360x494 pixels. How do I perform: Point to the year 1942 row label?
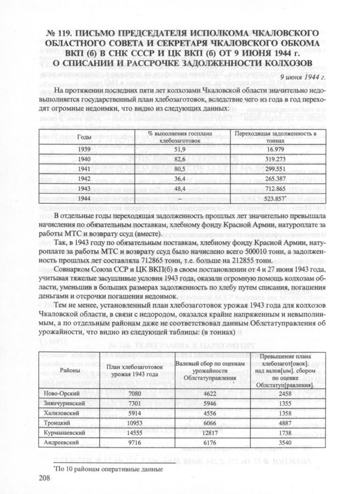[x=84, y=179]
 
